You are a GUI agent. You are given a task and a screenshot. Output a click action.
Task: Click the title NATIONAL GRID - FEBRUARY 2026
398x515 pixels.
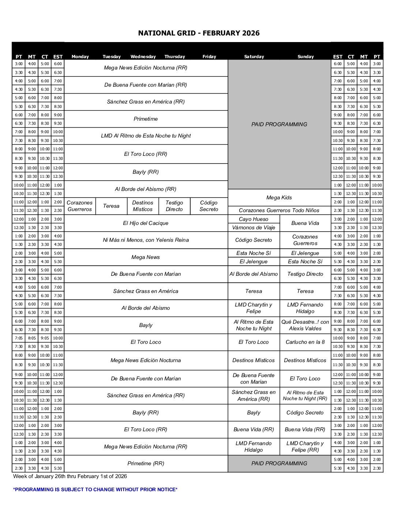[x=199, y=33]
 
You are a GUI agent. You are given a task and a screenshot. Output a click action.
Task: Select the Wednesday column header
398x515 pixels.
[x=143, y=57]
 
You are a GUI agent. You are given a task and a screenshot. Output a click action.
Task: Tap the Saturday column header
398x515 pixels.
[x=254, y=57]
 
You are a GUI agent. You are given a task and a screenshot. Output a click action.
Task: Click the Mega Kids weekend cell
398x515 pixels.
[x=279, y=198]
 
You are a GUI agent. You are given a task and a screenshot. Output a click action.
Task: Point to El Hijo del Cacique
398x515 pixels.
[x=146, y=223]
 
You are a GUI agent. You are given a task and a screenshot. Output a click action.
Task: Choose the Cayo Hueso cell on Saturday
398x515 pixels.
[x=254, y=219]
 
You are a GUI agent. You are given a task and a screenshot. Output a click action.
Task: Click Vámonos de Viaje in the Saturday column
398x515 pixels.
[x=254, y=228]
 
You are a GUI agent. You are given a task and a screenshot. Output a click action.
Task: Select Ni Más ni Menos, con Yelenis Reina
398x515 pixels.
[x=146, y=240]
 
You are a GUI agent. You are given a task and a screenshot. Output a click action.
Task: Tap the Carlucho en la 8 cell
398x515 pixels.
[x=305, y=342]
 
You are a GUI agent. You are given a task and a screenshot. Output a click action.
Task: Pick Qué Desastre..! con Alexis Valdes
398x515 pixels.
[x=305, y=325]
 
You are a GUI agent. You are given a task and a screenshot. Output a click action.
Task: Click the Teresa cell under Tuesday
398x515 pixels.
[x=111, y=206]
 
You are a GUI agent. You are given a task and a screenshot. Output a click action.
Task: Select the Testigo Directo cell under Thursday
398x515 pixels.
[x=174, y=206]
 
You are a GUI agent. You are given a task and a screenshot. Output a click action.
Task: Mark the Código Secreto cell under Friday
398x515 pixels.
[x=209, y=206]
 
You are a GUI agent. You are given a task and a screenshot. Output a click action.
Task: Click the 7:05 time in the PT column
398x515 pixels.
[x=19, y=338]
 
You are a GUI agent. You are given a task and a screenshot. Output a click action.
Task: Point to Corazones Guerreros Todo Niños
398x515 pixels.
[x=279, y=210]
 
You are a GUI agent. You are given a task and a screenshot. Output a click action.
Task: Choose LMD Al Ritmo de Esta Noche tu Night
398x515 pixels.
[x=146, y=136]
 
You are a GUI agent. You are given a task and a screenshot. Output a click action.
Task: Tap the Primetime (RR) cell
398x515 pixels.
[x=146, y=463]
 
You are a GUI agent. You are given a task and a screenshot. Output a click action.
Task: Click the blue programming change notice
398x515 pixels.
[x=95, y=489]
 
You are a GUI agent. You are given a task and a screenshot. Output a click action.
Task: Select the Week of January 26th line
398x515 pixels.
[x=70, y=476]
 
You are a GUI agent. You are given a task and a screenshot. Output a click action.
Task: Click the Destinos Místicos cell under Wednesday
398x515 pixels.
[x=143, y=206]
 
